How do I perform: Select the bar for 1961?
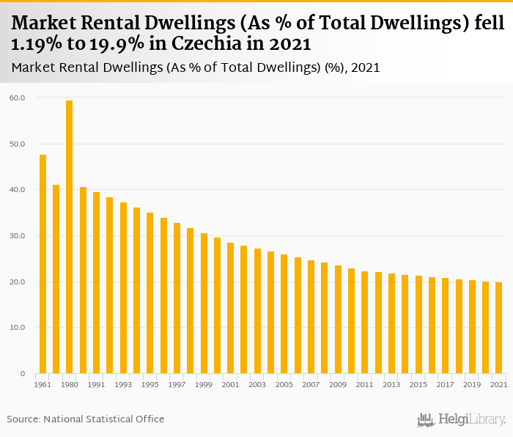click(43, 264)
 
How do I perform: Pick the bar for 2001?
click(230, 308)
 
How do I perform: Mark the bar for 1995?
click(150, 293)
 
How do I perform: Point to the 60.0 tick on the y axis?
click(18, 98)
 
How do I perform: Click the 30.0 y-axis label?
click(18, 236)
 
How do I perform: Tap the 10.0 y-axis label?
click(18, 328)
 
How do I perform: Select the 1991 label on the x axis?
click(96, 384)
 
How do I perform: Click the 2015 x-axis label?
click(418, 384)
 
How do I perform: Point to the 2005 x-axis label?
click(284, 384)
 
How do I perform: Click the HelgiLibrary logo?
click(461, 420)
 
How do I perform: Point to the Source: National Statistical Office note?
click(86, 419)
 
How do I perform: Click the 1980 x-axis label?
click(70, 384)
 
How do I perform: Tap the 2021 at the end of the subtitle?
click(366, 67)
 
